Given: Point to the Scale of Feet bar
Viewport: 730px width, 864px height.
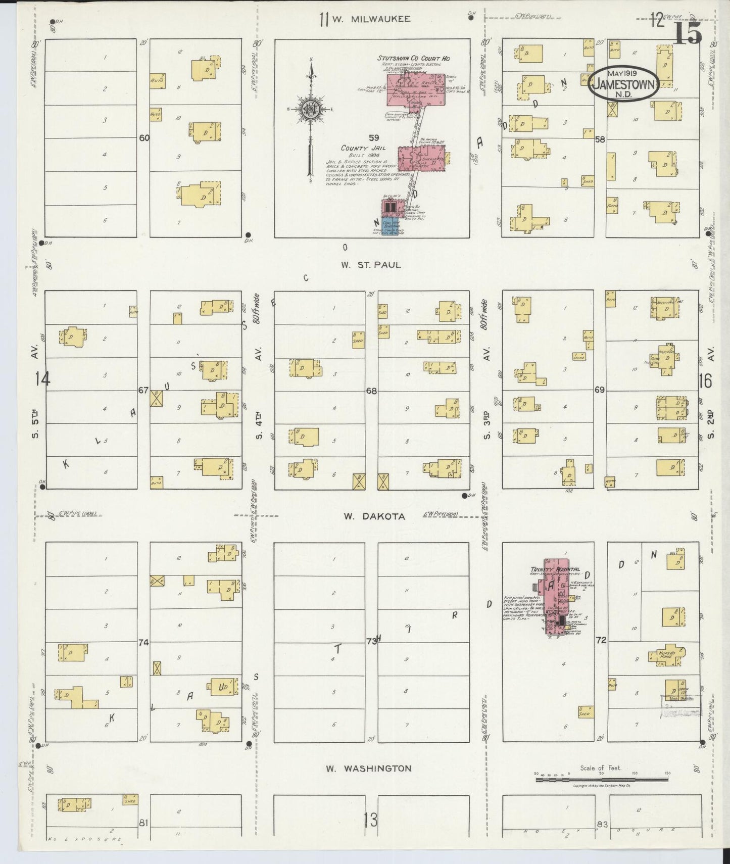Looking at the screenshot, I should tap(601, 780).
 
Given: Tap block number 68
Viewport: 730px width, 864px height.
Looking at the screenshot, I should tap(371, 391).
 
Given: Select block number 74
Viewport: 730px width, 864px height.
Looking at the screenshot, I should tap(144, 642).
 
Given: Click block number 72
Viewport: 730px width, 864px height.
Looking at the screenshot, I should tap(600, 640).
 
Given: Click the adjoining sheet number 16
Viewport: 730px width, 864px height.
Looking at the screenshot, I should tap(705, 381).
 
